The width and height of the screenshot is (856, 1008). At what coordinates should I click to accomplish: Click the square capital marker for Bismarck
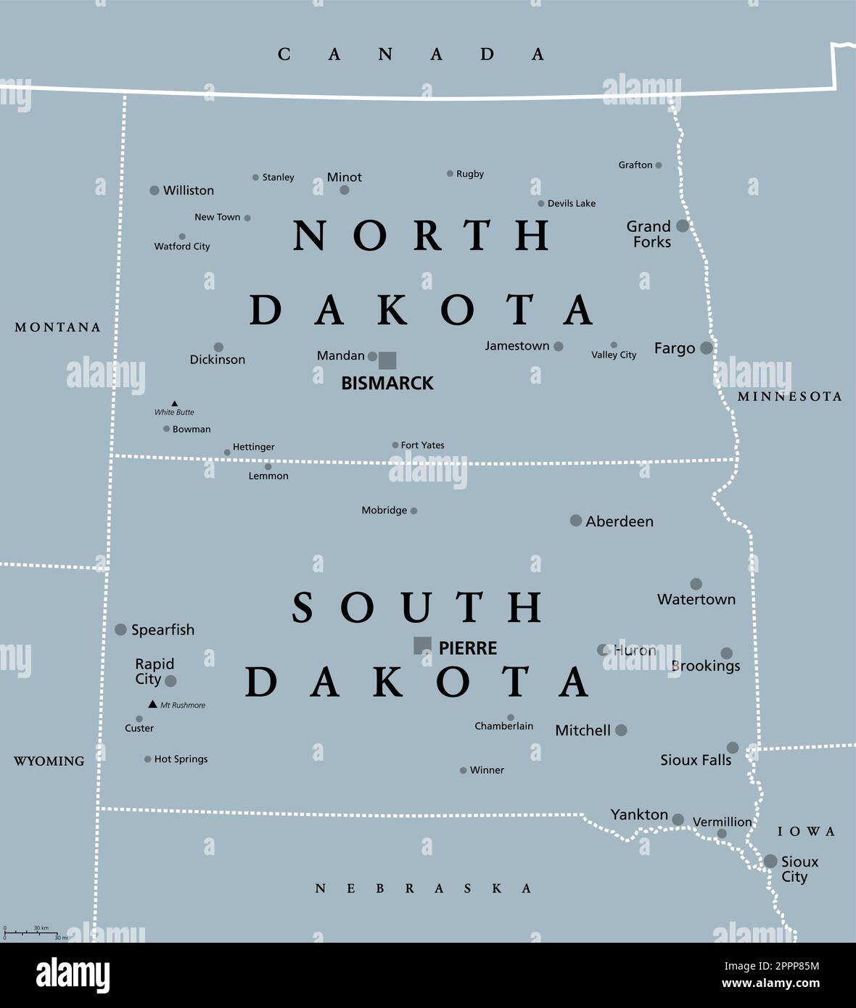coord(387,360)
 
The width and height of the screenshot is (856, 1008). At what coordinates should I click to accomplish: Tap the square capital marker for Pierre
coord(422,645)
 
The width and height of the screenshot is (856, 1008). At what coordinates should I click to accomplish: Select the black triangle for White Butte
coord(174,403)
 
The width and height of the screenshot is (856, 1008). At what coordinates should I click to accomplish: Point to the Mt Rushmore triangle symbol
coord(152,704)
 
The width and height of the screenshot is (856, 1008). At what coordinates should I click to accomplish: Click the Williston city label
coord(189,191)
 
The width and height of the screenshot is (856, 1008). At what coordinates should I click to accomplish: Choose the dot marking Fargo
coord(707,348)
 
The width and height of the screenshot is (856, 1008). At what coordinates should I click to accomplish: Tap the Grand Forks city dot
coord(683,226)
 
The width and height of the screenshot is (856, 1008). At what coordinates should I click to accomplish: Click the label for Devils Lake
coord(572,204)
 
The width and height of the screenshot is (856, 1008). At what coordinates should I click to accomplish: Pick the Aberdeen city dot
coord(576,520)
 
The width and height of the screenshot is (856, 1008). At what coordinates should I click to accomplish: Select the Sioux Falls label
coord(696,760)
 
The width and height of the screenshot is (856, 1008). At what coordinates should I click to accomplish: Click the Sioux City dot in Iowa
coord(770,861)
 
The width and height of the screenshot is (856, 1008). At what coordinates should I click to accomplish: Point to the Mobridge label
coord(384,511)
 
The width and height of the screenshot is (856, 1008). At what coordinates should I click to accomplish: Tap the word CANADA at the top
coord(411,54)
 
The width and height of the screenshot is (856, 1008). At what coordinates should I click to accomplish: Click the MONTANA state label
coord(58,328)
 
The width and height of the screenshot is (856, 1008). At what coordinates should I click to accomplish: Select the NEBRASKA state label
coord(424,888)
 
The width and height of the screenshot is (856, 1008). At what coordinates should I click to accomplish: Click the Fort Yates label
coord(423,445)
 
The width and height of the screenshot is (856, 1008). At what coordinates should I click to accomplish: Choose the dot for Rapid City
coord(170,681)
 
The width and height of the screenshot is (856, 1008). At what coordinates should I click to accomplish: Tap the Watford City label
coord(182,247)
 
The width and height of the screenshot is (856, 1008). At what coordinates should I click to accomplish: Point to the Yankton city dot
coord(678,819)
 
